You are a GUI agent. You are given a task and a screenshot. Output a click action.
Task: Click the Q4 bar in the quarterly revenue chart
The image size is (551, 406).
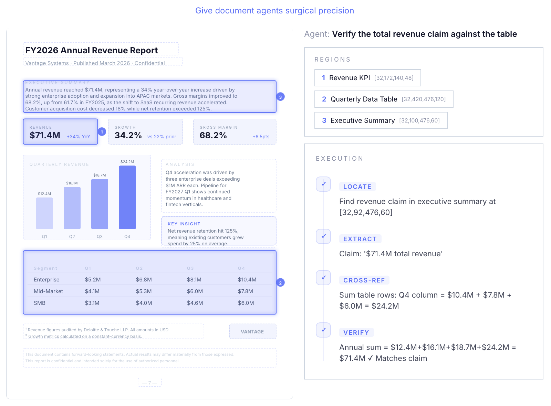pos(127,197)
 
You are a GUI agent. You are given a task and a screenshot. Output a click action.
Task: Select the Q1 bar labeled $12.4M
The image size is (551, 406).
pos(44,213)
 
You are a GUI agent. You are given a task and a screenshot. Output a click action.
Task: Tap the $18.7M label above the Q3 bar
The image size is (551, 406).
pos(100,175)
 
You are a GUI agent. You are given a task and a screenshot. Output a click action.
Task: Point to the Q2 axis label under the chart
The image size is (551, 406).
pos(72,237)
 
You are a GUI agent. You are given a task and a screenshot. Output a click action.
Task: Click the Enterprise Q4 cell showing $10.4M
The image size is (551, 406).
pos(247,280)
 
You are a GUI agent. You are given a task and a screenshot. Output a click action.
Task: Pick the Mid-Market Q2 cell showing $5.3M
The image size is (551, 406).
pos(144,291)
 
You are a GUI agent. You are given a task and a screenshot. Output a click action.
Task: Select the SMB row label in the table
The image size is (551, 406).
pos(40,303)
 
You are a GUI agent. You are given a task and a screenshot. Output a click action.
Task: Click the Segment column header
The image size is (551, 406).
pos(45,268)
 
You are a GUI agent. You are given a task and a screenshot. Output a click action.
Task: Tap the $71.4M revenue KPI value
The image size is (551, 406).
pos(45,136)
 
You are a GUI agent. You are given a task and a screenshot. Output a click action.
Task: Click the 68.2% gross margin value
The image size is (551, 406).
pos(213,136)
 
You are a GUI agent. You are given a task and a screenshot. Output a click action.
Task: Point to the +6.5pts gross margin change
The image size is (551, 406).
pos(261,137)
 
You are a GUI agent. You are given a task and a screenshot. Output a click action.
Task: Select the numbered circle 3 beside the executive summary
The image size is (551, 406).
pos(280,97)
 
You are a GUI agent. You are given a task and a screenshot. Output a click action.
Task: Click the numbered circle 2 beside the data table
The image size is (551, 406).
pos(280,283)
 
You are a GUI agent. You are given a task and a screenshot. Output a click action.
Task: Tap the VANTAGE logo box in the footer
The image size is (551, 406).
pos(252,332)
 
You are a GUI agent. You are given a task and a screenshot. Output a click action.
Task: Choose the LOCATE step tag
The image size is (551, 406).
pos(357,187)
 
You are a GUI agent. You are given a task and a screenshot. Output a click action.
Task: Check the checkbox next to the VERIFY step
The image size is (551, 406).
pos(323,330)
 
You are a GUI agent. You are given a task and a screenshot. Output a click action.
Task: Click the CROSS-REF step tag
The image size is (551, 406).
pos(364,280)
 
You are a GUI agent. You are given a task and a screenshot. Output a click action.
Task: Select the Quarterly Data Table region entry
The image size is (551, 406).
pos(384,99)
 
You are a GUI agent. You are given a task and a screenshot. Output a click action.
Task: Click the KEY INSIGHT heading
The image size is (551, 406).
pos(184,224)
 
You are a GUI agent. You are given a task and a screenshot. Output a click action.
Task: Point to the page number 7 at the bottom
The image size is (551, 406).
pos(149,383)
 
